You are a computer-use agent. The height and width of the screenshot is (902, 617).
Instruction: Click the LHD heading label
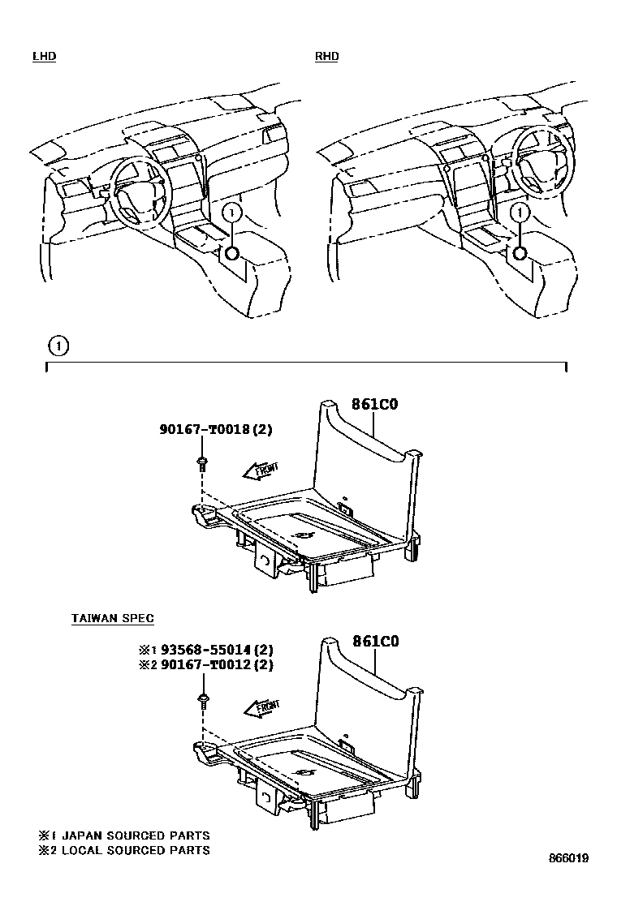44,56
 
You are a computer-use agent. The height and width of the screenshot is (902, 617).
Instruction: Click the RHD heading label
326,56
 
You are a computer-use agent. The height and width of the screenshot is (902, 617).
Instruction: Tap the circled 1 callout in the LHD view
232,213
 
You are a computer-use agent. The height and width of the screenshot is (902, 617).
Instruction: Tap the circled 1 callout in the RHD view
517,213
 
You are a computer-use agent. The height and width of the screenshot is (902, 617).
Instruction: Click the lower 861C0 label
375,641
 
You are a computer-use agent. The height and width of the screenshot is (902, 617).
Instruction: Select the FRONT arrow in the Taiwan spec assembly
261,708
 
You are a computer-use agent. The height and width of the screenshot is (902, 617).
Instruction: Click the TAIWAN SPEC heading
113,618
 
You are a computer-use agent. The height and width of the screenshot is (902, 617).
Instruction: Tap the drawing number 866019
567,857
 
